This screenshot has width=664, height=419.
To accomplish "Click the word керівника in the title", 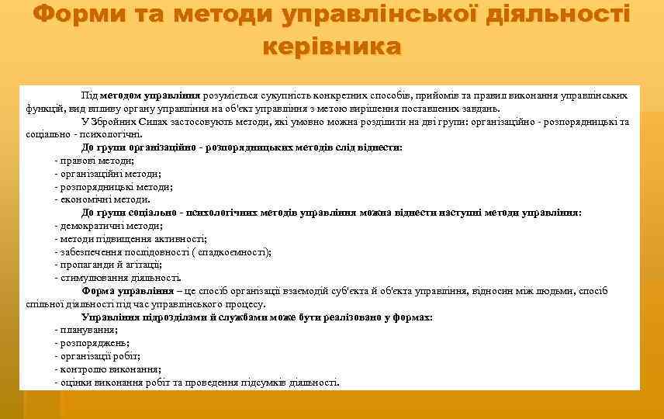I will [332, 46].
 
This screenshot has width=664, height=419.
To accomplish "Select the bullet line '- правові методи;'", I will [95, 161].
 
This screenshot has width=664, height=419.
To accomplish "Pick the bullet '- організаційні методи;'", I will [108, 174].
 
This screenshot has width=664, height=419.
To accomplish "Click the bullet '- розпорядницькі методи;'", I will [114, 186].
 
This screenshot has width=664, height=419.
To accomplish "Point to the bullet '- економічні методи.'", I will [102, 199].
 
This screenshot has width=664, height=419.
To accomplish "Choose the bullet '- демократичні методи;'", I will [109, 226].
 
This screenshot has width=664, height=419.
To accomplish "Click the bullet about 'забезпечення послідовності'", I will [163, 251].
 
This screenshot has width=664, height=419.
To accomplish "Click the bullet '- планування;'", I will [86, 330].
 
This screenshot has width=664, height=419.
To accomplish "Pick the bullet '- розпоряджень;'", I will [92, 342].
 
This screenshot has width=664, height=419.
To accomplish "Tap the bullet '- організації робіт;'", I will [97, 355].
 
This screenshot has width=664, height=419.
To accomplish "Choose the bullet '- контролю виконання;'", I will [108, 369].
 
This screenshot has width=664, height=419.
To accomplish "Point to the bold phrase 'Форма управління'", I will [128, 291].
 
